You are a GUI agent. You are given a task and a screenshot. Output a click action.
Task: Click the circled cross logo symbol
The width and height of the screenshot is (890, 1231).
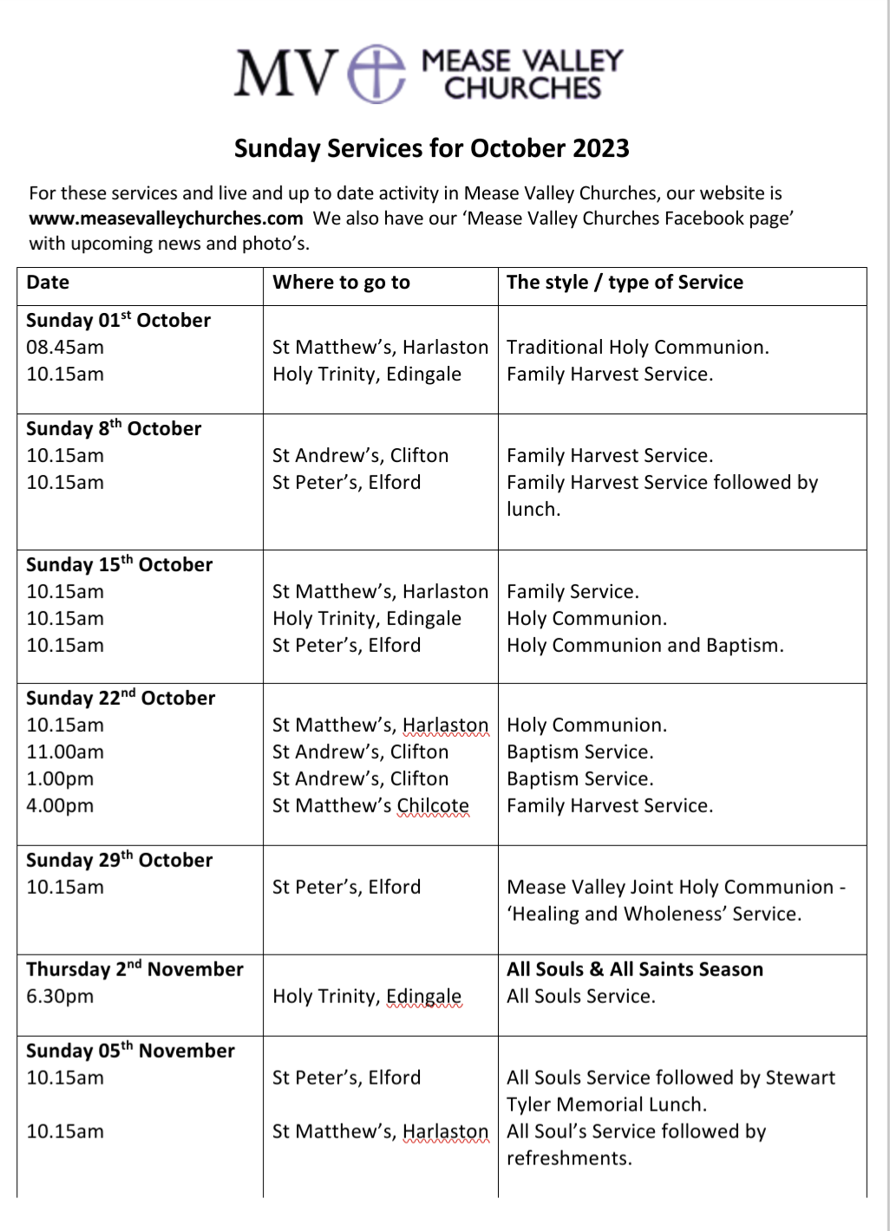point(376,74)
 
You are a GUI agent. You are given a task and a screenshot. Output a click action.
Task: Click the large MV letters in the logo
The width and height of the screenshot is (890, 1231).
point(285,74)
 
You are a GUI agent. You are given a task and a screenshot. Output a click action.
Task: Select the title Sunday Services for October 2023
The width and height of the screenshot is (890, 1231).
point(431,148)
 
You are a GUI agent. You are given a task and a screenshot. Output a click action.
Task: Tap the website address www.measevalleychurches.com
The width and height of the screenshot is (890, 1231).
point(166,218)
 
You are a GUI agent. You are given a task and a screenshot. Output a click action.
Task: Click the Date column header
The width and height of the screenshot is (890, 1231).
point(48,283)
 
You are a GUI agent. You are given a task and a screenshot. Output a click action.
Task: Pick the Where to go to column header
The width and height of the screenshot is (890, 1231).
point(341,283)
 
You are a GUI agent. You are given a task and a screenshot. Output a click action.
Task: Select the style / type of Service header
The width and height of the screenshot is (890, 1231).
point(625,283)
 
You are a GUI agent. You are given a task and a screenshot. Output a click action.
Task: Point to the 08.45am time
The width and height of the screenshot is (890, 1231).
point(65,348)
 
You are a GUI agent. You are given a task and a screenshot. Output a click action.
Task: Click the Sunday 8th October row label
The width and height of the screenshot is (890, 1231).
point(114,428)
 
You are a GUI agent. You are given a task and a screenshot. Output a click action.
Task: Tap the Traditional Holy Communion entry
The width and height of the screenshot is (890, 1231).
point(638,348)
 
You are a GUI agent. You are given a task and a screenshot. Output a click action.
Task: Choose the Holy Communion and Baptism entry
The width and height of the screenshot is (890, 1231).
point(645,646)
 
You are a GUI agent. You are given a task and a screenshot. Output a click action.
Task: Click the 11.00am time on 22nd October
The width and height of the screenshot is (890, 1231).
point(65,752)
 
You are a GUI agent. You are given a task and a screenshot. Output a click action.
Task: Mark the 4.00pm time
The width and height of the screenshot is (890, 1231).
point(60,806)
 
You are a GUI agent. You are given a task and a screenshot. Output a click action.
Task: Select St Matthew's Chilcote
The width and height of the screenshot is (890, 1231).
point(370,806)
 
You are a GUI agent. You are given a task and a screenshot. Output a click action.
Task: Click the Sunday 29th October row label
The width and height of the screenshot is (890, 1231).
point(120,860)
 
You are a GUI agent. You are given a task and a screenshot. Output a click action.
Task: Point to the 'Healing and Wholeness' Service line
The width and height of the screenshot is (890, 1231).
point(654,915)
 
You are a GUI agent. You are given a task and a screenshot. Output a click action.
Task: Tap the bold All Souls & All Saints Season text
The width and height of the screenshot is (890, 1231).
point(635,969)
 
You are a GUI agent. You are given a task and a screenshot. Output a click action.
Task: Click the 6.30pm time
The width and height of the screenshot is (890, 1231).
point(60,997)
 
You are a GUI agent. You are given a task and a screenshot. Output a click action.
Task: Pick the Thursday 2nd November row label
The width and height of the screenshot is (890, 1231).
point(134,969)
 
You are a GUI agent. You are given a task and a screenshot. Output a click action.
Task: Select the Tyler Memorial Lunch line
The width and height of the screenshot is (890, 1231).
point(606,1105)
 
